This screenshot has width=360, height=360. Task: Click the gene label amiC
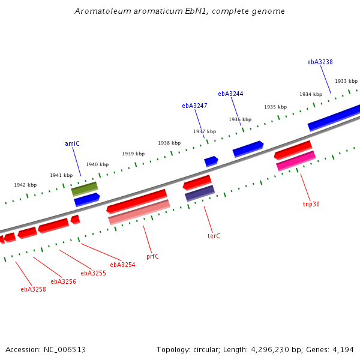(72, 144)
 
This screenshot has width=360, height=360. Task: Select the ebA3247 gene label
(194, 106)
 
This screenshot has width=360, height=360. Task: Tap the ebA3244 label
(230, 94)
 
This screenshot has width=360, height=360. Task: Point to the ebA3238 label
(320, 62)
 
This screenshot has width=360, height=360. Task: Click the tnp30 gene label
(311, 204)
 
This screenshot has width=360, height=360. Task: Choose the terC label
(214, 236)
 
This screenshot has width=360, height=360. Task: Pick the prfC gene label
(152, 256)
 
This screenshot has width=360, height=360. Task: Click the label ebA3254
(122, 265)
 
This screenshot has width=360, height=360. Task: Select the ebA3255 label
(93, 273)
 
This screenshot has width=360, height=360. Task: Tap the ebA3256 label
(63, 281)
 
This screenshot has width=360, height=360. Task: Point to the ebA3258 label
(33, 289)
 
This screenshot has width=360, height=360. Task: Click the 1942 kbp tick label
(25, 185)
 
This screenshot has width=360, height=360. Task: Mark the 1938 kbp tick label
(169, 143)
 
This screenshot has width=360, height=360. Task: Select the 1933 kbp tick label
(346, 81)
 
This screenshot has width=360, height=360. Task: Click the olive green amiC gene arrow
(85, 189)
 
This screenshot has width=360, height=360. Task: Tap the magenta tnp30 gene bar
(296, 161)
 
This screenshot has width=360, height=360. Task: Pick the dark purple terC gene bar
(200, 193)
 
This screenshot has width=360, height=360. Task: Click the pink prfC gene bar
(139, 212)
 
